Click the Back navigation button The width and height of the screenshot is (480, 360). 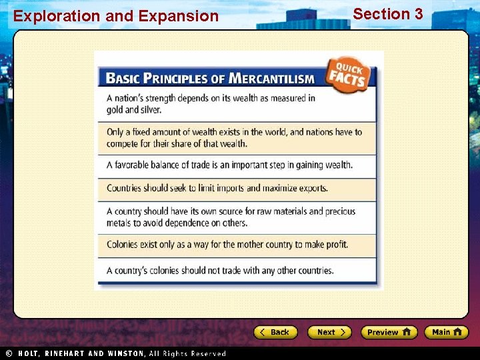[275, 332]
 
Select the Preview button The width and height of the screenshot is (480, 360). [389, 332]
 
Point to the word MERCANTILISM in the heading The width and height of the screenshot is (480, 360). [271, 79]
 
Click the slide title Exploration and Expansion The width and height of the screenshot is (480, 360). [116, 16]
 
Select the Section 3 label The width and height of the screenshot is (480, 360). [388, 14]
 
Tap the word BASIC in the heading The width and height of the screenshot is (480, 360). [122, 79]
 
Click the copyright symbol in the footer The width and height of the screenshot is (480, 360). [9, 353]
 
